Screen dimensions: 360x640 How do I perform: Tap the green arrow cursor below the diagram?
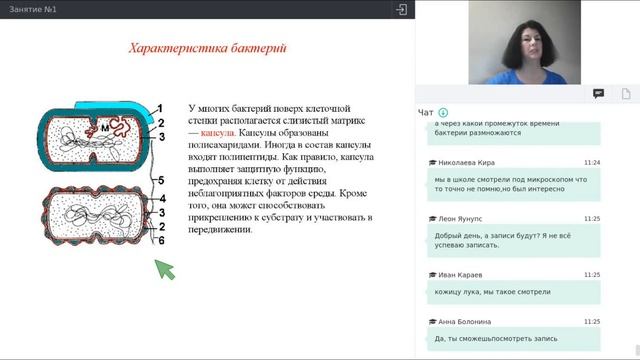click(x=163, y=267)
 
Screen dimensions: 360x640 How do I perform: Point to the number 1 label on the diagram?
click(x=159, y=108)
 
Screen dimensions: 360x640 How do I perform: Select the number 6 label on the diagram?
click(x=159, y=241)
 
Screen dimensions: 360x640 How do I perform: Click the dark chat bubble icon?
click(x=598, y=93)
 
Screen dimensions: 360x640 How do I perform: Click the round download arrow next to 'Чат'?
click(x=443, y=112)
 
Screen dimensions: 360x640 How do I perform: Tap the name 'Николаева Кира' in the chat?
click(x=466, y=162)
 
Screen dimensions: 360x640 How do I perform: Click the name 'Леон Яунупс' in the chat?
click(x=460, y=218)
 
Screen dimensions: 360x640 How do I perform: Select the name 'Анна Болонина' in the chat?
click(x=464, y=322)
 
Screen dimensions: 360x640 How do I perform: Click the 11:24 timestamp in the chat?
click(x=591, y=162)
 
